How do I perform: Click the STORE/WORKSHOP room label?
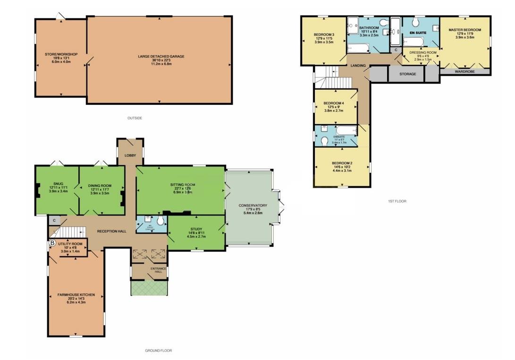[61, 54]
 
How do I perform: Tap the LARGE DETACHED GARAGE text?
[161, 56]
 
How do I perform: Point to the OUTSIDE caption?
[135, 118]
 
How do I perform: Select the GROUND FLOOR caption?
[158, 351]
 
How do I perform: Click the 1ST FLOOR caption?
[397, 201]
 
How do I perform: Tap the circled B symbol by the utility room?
[52, 243]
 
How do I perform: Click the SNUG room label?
[57, 185]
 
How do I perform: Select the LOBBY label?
[130, 155]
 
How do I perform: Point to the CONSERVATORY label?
[253, 205]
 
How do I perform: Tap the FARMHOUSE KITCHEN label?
[76, 295]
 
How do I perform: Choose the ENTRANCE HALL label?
[155, 270]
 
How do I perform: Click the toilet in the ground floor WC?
[160, 222]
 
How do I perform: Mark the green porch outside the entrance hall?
[149, 287]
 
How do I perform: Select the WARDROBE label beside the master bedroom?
[464, 72]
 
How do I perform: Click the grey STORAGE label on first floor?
[407, 74]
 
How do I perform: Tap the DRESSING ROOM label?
[422, 52]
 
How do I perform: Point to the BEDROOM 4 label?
[334, 103]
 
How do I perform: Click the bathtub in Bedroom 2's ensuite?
[347, 130]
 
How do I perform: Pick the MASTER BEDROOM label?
[464, 30]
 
